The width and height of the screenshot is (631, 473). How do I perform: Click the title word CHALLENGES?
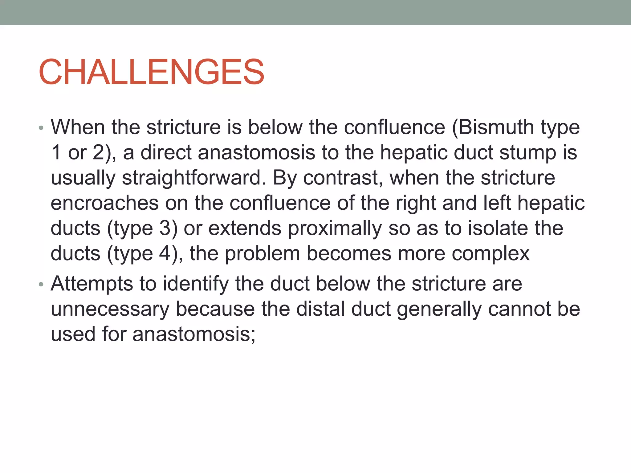151,72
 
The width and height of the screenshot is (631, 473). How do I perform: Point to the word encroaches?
105,203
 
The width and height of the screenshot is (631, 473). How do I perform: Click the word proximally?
335,228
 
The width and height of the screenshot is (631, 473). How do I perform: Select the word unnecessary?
110,309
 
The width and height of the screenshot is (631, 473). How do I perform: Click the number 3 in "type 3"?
165,228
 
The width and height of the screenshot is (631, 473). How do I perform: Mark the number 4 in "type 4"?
165,254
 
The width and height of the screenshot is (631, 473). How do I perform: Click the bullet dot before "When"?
41,128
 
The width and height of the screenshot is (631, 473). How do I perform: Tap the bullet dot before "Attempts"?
41,284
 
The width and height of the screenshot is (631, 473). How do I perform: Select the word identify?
196,284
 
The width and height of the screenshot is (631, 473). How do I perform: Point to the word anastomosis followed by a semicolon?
194,334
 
